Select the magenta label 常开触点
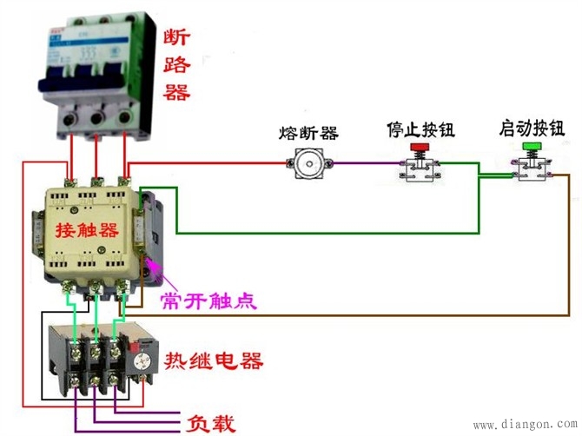tap(208, 301)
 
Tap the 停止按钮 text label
tap(420, 131)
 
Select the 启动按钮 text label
tap(532, 129)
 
